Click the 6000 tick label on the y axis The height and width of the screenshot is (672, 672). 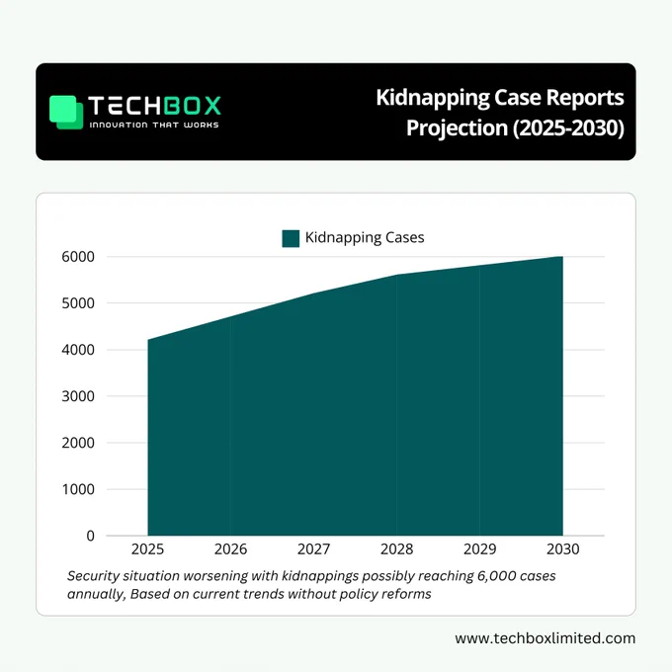coord(78,257)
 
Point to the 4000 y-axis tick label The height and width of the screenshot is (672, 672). coord(78,350)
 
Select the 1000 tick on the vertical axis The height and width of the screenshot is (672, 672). coord(78,489)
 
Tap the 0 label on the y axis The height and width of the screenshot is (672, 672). coord(91,536)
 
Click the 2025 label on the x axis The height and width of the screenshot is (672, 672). coord(147,549)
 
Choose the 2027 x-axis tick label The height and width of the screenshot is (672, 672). coord(313,549)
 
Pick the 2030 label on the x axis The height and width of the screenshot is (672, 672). coord(562,549)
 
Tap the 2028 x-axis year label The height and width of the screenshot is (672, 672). coord(397,549)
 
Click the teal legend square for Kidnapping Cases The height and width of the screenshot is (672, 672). coord(291,238)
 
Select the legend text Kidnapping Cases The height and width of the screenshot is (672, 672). coord(365,238)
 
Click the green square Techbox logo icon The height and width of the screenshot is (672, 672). coord(66,112)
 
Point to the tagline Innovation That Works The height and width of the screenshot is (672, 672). coord(154,125)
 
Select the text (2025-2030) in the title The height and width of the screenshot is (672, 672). coord(568,128)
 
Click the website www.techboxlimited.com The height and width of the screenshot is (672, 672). coord(546,638)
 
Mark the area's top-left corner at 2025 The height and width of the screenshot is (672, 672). coord(148,340)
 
